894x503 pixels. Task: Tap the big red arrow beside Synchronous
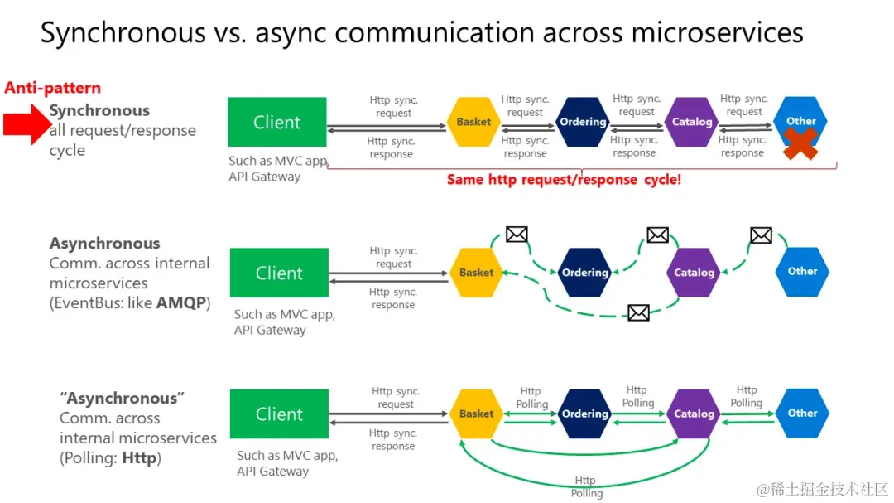click(25, 124)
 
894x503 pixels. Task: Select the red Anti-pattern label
click(53, 88)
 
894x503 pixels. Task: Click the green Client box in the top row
click(277, 123)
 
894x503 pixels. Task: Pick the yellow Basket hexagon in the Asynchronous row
click(476, 273)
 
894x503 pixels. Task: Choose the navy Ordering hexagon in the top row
click(583, 122)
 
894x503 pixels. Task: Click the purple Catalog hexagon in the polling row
click(694, 414)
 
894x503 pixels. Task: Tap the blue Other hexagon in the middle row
click(802, 272)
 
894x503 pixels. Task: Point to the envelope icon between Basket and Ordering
click(517, 235)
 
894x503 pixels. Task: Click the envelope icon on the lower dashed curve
click(638, 312)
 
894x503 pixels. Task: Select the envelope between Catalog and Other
click(761, 235)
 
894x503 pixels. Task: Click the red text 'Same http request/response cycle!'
click(564, 179)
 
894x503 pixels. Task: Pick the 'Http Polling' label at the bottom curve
click(586, 487)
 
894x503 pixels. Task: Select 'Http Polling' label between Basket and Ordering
click(531, 398)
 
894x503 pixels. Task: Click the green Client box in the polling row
click(279, 414)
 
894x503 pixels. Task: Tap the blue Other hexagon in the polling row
click(802, 413)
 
